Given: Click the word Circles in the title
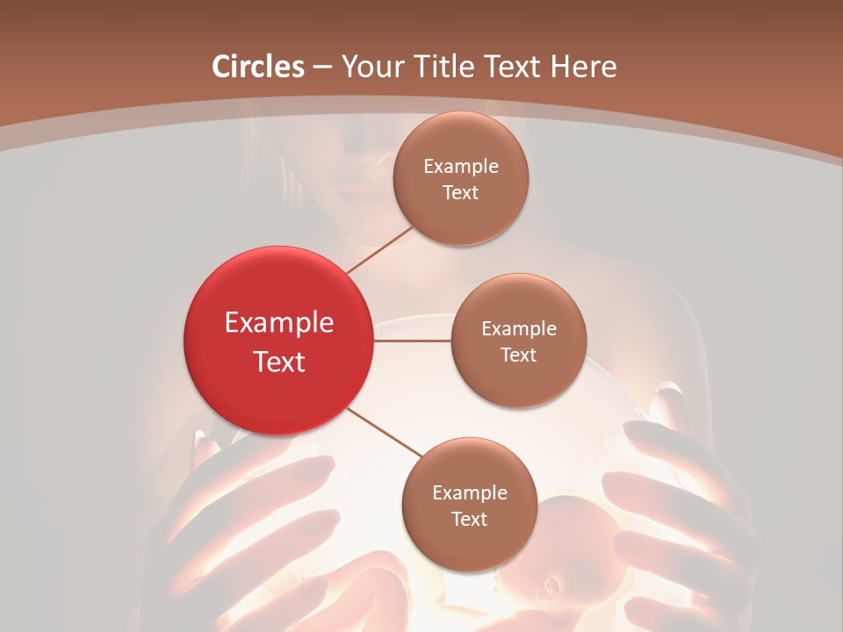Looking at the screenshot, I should click(x=258, y=67).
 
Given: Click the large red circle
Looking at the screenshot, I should click(x=279, y=341).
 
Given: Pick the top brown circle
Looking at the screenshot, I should click(x=461, y=178).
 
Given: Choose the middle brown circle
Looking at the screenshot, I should click(x=518, y=341).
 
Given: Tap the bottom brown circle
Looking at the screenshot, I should click(x=469, y=505).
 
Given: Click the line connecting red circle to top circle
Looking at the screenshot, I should click(x=379, y=250).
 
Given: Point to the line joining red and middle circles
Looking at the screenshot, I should click(x=413, y=341).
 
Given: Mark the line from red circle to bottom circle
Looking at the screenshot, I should click(x=384, y=433).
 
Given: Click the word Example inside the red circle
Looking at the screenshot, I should click(x=279, y=323).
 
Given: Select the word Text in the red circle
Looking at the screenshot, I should click(x=279, y=362).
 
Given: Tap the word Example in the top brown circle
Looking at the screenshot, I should click(x=461, y=167).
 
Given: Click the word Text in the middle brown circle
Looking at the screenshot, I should click(x=518, y=355).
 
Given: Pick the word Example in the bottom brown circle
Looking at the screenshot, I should click(x=469, y=493).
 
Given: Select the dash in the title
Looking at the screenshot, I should click(x=322, y=68).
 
